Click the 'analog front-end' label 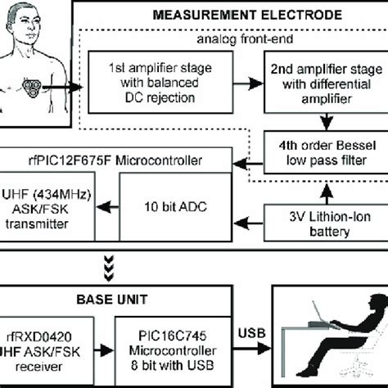246,38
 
